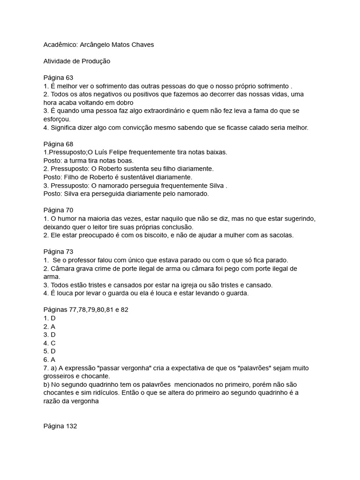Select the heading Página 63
click(58, 77)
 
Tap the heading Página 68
click(58, 144)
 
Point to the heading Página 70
click(58, 210)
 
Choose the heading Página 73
click(58, 252)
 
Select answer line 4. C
click(50, 343)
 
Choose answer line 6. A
click(50, 360)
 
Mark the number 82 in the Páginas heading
click(115, 310)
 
